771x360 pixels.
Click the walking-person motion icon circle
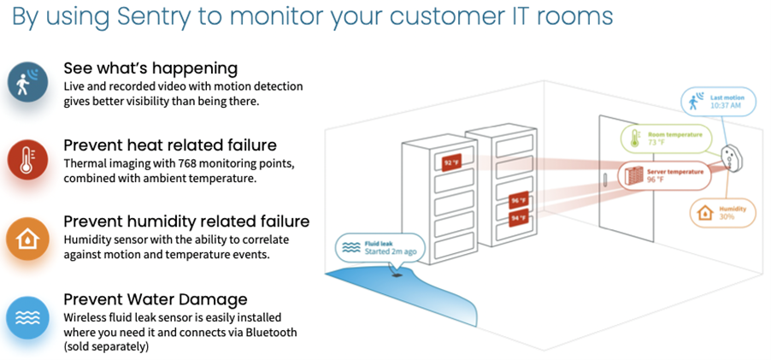(24, 83)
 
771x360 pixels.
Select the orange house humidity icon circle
(24, 238)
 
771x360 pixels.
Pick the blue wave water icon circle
(24, 317)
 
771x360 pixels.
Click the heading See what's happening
(150, 68)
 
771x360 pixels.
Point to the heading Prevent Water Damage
(156, 299)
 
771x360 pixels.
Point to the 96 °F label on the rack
(519, 202)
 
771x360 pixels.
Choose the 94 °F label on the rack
(519, 218)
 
